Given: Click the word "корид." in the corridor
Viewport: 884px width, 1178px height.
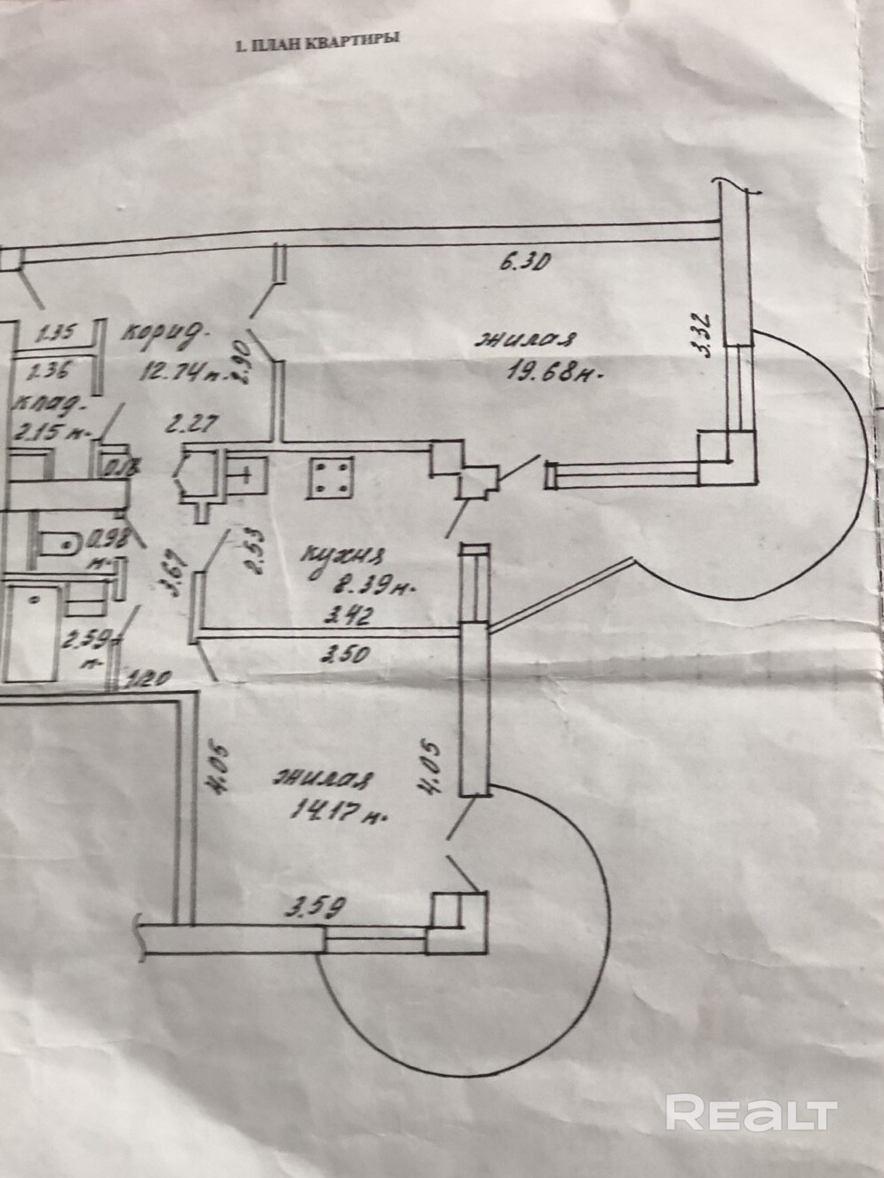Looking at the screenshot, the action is (164, 334).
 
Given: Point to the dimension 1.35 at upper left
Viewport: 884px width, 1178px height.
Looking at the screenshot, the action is (56, 335).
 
